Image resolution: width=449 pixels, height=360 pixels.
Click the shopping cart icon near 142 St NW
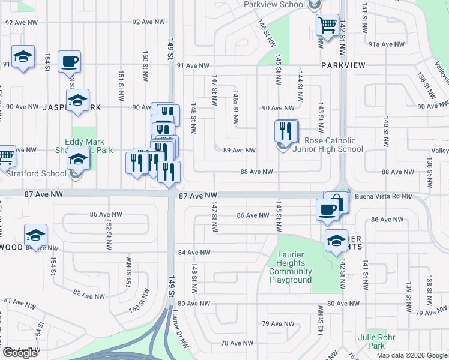click(327, 25)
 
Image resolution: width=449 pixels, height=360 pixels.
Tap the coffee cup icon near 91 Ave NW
click(69, 61)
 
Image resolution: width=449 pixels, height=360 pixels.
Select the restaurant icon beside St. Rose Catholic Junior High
click(286, 131)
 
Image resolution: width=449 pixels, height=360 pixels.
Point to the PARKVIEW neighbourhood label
click(343, 65)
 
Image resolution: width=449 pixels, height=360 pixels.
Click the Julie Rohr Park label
click(376, 341)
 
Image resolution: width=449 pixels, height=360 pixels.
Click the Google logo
click(20, 353)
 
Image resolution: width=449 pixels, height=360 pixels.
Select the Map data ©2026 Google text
click(412, 355)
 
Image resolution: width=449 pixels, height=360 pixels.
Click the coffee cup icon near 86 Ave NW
click(327, 209)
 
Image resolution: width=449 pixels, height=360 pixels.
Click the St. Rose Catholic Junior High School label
click(328, 145)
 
